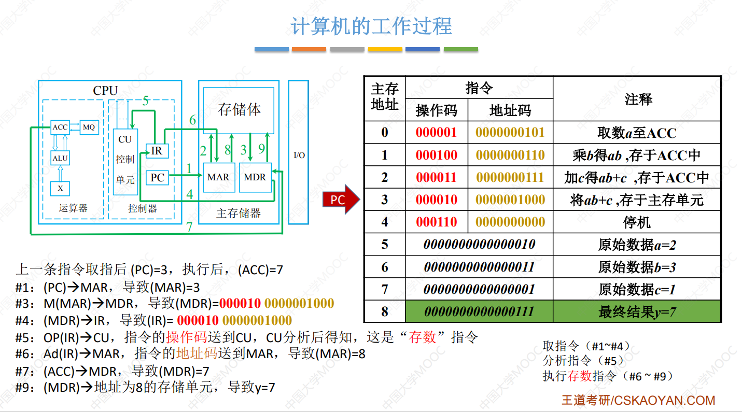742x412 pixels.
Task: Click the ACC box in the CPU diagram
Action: (x=60, y=127)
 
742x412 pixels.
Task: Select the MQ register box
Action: (x=89, y=127)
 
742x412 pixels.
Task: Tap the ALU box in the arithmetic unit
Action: (x=60, y=158)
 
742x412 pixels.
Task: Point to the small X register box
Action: (x=60, y=189)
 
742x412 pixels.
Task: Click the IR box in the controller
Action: (x=157, y=151)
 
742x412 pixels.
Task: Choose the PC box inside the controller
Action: (x=157, y=178)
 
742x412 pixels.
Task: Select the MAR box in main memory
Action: (x=219, y=177)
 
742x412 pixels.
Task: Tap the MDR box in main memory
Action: (x=255, y=177)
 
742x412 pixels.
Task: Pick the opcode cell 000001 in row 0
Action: (x=436, y=133)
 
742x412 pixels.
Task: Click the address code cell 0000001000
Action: (x=510, y=200)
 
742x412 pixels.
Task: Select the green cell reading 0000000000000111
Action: (x=479, y=311)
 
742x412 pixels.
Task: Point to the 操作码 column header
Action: (x=436, y=110)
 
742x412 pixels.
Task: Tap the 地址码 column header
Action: (x=510, y=110)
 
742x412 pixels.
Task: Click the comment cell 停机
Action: (x=637, y=222)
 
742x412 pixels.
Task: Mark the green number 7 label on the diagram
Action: (x=189, y=227)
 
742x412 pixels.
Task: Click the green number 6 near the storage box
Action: (x=192, y=120)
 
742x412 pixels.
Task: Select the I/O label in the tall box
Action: (x=299, y=155)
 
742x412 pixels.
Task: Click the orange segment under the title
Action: (x=309, y=49)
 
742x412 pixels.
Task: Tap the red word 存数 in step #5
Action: (x=422, y=337)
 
